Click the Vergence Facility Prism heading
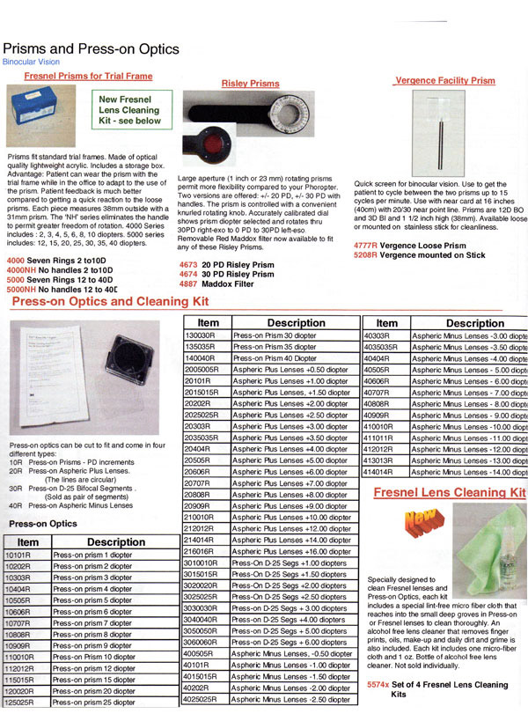coord(444,80)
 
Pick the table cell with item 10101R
coord(27,556)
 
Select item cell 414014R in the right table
coord(385,472)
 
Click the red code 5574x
coord(380,684)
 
